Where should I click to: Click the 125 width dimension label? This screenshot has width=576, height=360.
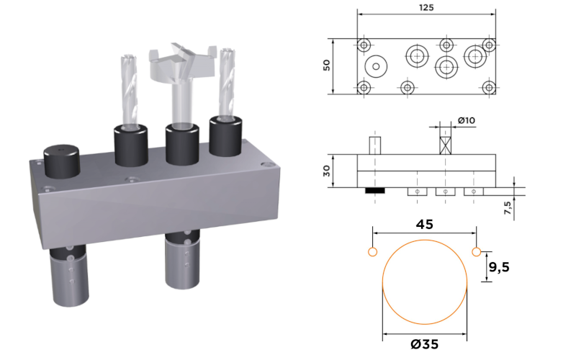[426, 8]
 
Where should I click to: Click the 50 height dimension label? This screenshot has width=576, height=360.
[327, 65]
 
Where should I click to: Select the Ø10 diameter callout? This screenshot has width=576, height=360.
[466, 120]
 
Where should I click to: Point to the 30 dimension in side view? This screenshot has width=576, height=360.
[327, 171]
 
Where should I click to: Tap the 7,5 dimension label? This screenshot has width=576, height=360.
[508, 207]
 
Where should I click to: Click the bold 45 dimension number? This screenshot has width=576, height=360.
[425, 224]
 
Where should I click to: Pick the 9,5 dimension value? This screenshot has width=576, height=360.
[499, 267]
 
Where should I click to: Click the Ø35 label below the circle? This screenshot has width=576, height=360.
[424, 344]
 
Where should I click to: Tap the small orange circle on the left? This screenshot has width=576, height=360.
[372, 252]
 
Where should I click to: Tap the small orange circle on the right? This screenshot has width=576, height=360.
[477, 252]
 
